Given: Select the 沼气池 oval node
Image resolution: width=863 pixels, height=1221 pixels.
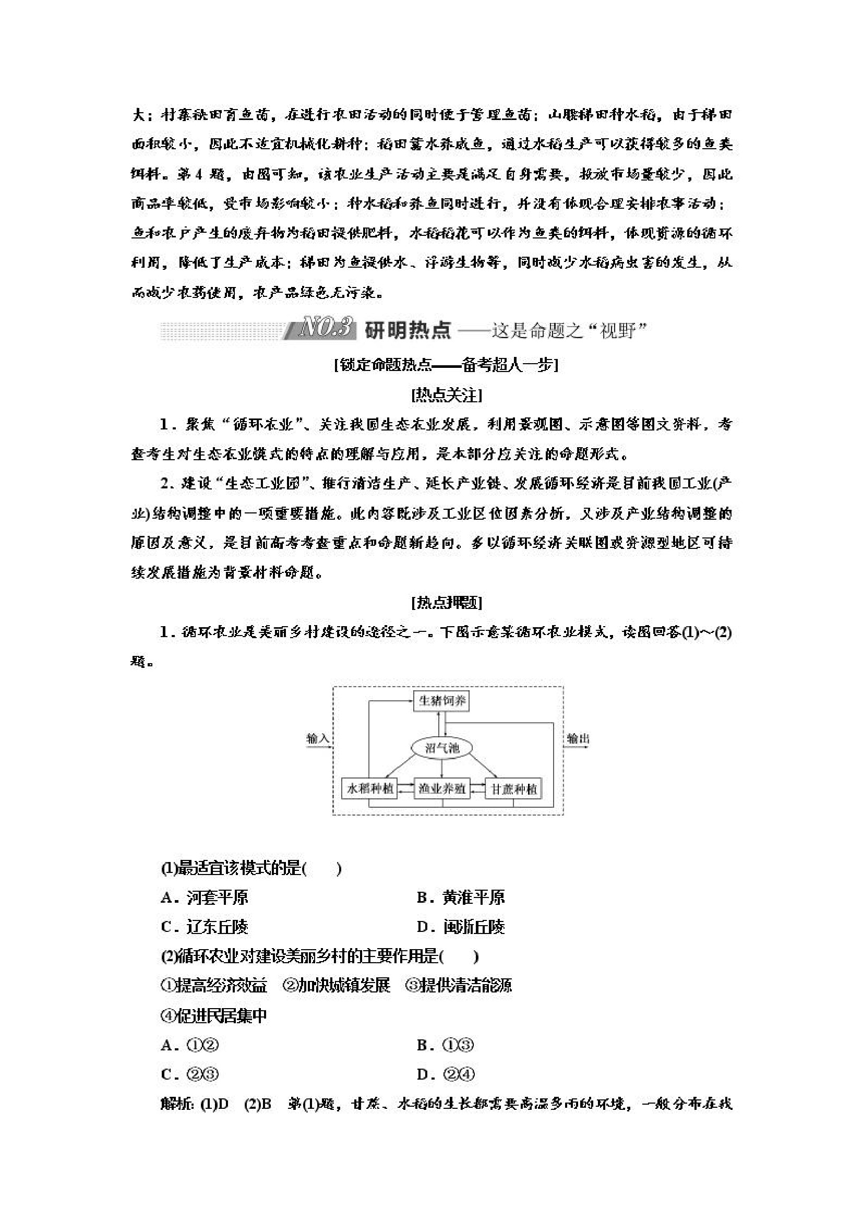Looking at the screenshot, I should click(x=442, y=748).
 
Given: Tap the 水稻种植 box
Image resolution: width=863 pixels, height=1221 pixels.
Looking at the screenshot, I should click(x=370, y=788).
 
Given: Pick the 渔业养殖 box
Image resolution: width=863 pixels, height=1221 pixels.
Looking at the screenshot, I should click(x=442, y=788).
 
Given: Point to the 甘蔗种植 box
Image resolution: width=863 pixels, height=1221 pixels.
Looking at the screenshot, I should click(x=513, y=788).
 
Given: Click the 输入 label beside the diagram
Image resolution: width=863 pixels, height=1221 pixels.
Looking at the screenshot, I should click(x=317, y=738).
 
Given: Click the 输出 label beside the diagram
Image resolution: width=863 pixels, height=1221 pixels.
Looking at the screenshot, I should click(x=578, y=738).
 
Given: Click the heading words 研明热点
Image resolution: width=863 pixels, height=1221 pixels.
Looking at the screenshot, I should click(x=408, y=330).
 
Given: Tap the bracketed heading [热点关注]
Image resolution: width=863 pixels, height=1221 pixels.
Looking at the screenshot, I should click(x=446, y=396).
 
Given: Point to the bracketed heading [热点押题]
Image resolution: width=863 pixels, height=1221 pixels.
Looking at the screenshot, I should click(x=446, y=603).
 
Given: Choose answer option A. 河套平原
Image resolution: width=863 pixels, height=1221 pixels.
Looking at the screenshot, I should click(x=205, y=897).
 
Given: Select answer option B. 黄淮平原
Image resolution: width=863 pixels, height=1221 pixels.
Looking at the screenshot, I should click(x=461, y=897).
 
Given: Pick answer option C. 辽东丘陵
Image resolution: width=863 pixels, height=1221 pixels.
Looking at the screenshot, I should click(x=205, y=927).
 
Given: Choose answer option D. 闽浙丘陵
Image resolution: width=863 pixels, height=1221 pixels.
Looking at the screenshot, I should click(x=461, y=927).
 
